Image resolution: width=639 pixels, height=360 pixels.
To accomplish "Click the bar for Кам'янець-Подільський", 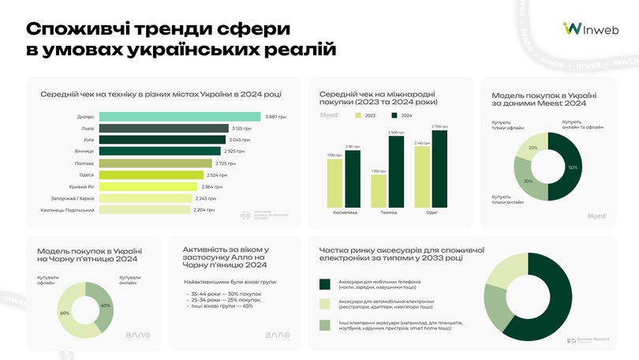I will click(146, 211).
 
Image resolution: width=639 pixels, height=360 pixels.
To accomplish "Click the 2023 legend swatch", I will click(359, 115).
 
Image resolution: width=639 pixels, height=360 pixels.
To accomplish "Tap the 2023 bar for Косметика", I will click(334, 183).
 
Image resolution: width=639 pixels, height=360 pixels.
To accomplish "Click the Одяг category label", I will click(432, 212).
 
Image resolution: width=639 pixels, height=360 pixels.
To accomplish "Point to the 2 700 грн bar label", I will click(439, 126).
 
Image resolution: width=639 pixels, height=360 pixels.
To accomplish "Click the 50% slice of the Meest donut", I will click(570, 167).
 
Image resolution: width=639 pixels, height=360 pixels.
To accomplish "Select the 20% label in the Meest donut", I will click(533, 148).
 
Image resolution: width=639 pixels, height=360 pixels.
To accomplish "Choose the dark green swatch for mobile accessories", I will click(324, 284).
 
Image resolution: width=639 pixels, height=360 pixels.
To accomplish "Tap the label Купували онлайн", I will click(131, 280).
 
